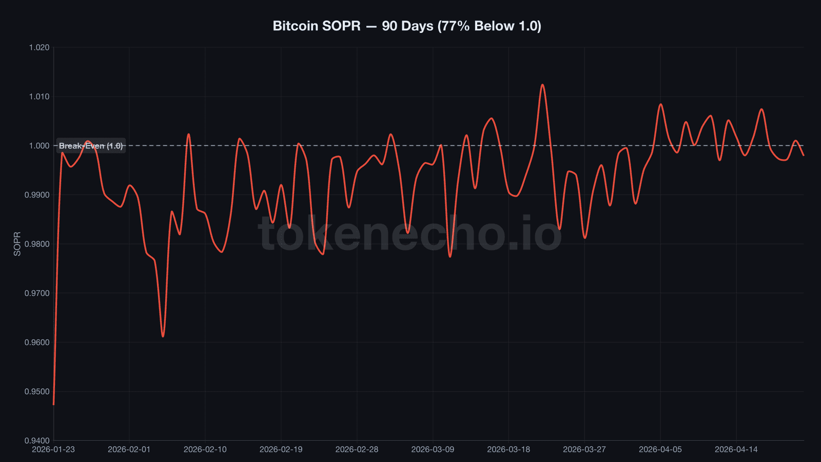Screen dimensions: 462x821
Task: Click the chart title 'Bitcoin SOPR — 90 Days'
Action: coord(406,26)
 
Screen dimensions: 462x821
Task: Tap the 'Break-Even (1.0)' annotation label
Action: coord(91,146)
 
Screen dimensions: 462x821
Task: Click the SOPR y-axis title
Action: coord(17,244)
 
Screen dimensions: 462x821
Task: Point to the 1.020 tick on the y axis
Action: coord(39,47)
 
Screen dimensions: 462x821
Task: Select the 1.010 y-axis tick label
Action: coord(39,97)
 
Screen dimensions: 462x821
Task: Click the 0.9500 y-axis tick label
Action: coord(37,392)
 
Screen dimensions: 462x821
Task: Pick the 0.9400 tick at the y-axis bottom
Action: coord(37,440)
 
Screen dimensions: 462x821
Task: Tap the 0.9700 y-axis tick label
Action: coord(37,293)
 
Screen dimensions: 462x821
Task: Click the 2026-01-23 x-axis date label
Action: coord(53,449)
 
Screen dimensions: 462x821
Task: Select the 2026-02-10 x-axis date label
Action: coord(205,449)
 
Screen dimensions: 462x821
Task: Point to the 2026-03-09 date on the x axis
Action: coord(433,449)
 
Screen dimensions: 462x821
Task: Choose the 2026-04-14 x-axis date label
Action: coord(736,449)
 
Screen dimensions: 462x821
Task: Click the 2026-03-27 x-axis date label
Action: coord(584,449)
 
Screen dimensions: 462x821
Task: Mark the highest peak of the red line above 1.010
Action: coord(542,85)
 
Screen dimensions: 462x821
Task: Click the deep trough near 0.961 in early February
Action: coord(163,336)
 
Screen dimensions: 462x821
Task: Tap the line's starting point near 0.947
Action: coord(54,404)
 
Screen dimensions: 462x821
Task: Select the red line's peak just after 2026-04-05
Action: coord(661,104)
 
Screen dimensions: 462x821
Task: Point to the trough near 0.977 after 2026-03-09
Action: coord(450,256)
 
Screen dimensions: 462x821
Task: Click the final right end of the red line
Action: coord(803,155)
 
